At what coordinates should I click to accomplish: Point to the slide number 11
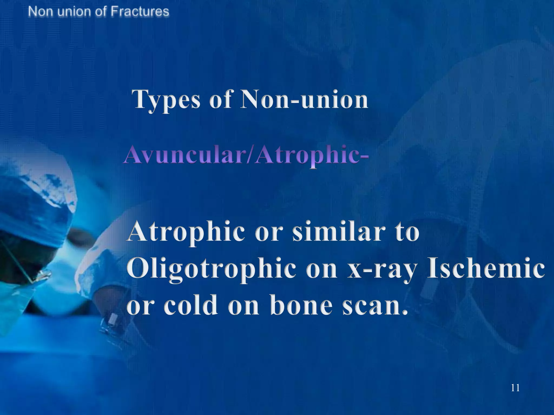click(x=515, y=388)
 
